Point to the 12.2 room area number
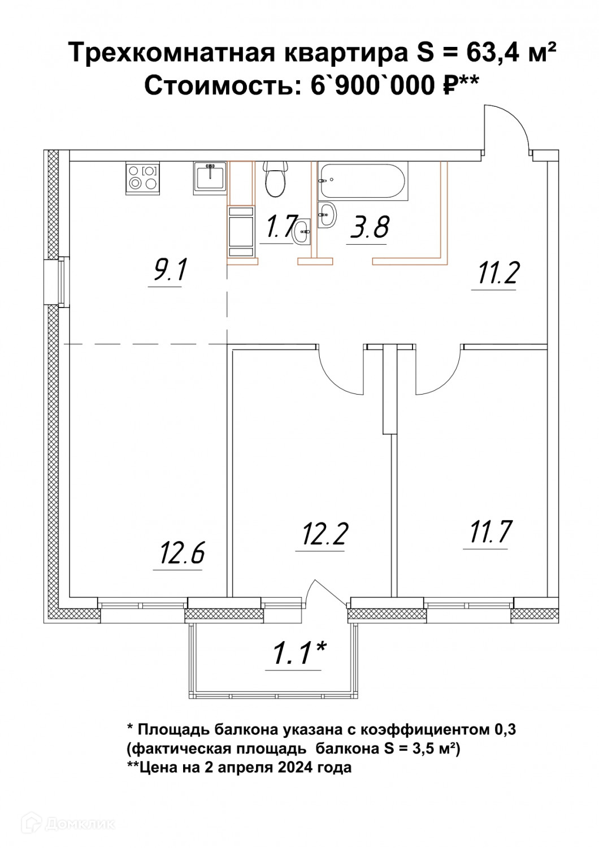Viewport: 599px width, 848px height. coord(324,534)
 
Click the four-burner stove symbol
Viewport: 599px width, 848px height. coord(142,178)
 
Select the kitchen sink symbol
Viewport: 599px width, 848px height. coord(210,178)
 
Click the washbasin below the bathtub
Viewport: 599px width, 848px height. coord(327,215)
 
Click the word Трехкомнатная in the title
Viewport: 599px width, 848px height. coord(172,52)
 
